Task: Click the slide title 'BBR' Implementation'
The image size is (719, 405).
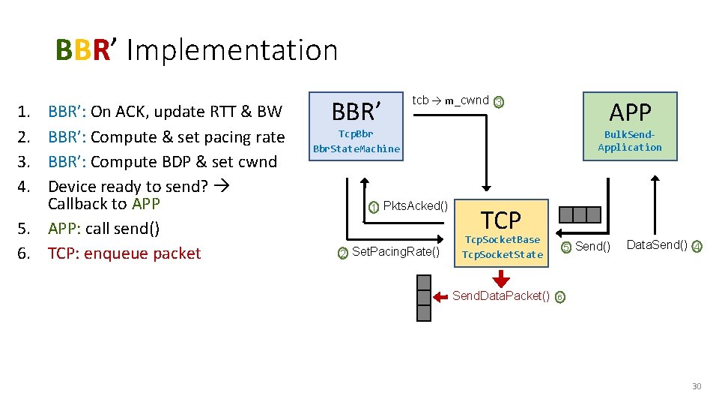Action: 197,50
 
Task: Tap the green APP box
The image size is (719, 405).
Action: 630,125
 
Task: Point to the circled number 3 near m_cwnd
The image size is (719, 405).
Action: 500,102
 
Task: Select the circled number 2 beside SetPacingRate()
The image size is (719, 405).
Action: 343,253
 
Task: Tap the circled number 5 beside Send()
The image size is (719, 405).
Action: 566,247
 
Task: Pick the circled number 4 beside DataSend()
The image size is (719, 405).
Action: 697,246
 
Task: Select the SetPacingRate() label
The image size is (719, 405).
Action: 395,251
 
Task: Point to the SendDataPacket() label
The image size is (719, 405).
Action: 500,295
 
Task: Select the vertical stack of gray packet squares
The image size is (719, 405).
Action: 424,298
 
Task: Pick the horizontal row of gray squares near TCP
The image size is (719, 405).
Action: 580,215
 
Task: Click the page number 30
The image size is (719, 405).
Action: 696,386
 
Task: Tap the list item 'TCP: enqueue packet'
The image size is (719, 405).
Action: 124,253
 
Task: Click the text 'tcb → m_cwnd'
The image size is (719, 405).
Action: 450,100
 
